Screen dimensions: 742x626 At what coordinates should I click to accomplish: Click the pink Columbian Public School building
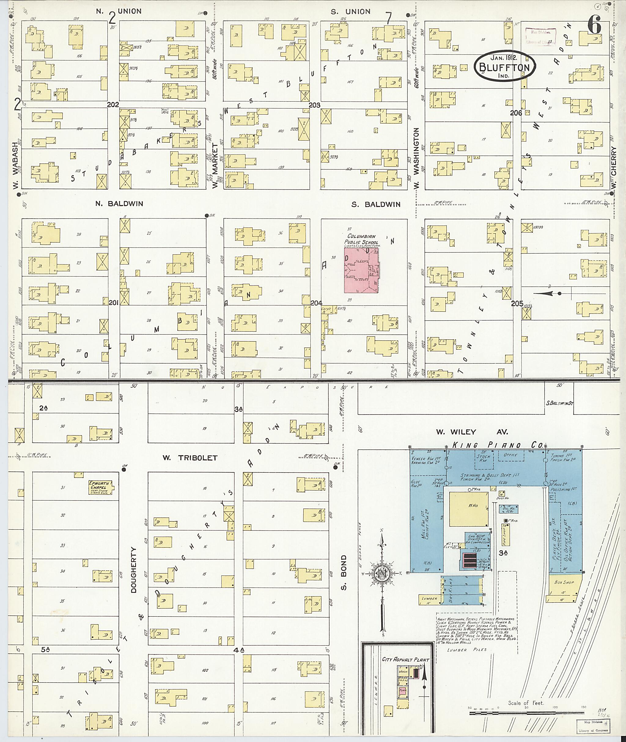[361, 270]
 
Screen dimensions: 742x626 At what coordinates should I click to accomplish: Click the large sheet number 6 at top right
[594, 26]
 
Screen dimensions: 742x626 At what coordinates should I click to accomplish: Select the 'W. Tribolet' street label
[190, 458]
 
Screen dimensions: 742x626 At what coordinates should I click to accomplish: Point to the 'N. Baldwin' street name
[119, 203]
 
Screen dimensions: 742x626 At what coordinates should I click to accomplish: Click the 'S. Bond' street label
[344, 573]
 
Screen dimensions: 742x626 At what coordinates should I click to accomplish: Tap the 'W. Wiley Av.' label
[472, 432]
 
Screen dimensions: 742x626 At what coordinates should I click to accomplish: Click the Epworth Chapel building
[101, 487]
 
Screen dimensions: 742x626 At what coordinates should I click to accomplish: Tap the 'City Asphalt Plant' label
[405, 659]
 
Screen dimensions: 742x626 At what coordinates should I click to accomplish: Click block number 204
[316, 303]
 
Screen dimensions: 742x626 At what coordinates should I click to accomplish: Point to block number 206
[516, 112]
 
